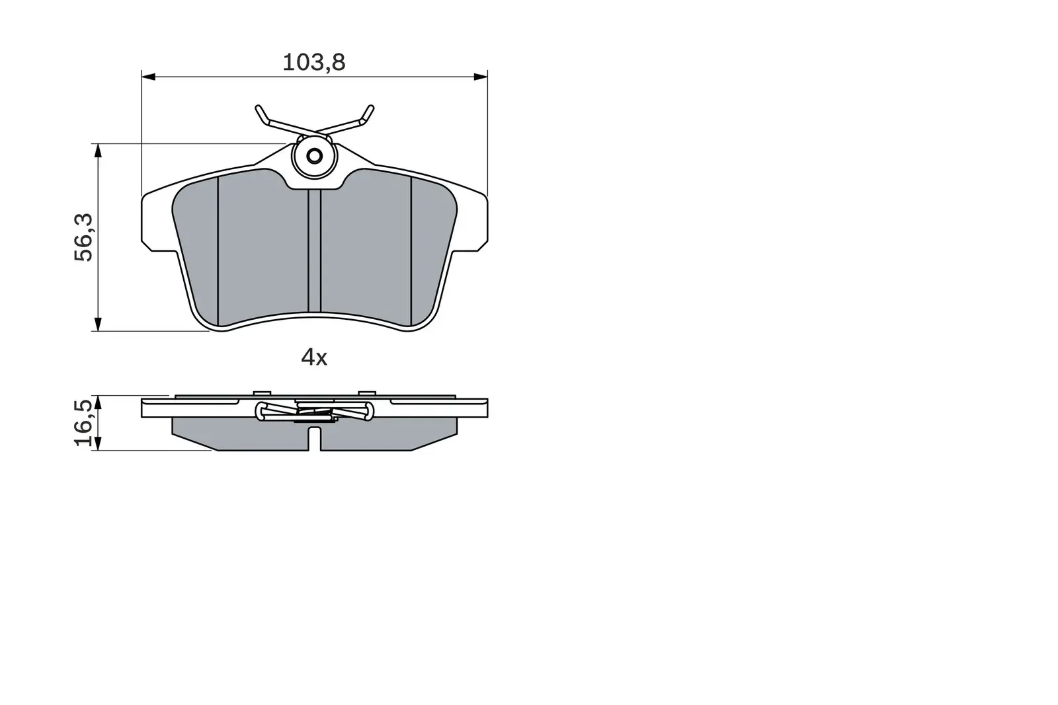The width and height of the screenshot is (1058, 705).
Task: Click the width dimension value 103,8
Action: (314, 62)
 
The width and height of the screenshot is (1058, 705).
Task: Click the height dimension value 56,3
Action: (85, 237)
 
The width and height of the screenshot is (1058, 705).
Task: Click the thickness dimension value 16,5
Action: (85, 424)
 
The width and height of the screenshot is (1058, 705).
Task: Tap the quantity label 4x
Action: (314, 357)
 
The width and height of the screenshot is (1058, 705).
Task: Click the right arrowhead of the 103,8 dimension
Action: (481, 77)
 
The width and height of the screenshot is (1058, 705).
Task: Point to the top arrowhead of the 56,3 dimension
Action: (98, 150)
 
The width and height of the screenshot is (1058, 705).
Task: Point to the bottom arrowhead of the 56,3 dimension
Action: (98, 324)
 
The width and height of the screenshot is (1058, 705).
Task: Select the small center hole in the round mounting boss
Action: (315, 157)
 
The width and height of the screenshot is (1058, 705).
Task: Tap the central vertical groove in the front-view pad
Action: (315, 251)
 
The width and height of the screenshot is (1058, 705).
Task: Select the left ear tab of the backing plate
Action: (156, 221)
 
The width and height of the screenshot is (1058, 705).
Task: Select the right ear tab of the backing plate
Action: (473, 221)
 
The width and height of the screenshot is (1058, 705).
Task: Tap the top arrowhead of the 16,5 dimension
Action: (98, 402)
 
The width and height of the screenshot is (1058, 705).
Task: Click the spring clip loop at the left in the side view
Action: (262, 412)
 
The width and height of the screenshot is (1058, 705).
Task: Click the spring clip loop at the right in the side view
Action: (368, 412)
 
